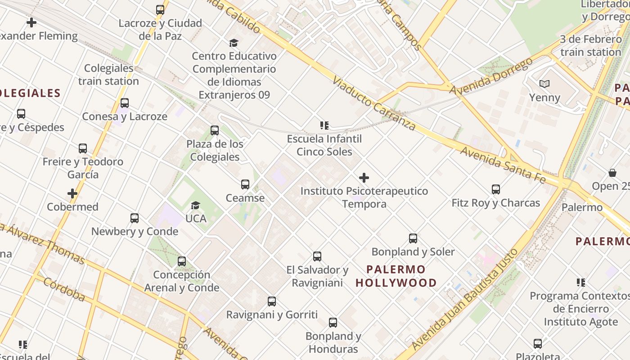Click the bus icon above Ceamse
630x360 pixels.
coord(245,184)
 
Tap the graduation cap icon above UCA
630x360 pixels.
coord(195,206)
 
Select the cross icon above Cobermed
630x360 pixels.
coord(72,193)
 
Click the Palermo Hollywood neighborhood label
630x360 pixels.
coord(396,276)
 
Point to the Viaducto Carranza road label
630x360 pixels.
coord(374,103)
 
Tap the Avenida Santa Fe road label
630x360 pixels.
coord(503,165)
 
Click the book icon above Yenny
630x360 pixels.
coord(544,84)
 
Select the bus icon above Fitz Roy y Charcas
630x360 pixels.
coord(496,189)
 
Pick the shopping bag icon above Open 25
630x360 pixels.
coord(612,173)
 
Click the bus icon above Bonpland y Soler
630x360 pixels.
coord(413,238)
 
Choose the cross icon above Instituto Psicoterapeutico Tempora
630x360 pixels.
coord(364,178)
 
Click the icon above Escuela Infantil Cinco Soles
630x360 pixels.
coord(324,125)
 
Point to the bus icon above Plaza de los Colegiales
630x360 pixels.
coord(215,130)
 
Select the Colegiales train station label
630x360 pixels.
coord(109,75)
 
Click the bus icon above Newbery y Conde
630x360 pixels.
coord(135,218)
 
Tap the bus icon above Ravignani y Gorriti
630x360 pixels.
coord(272,301)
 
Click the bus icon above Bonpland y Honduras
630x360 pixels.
coord(333,323)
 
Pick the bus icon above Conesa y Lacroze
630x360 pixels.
coord(125,103)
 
